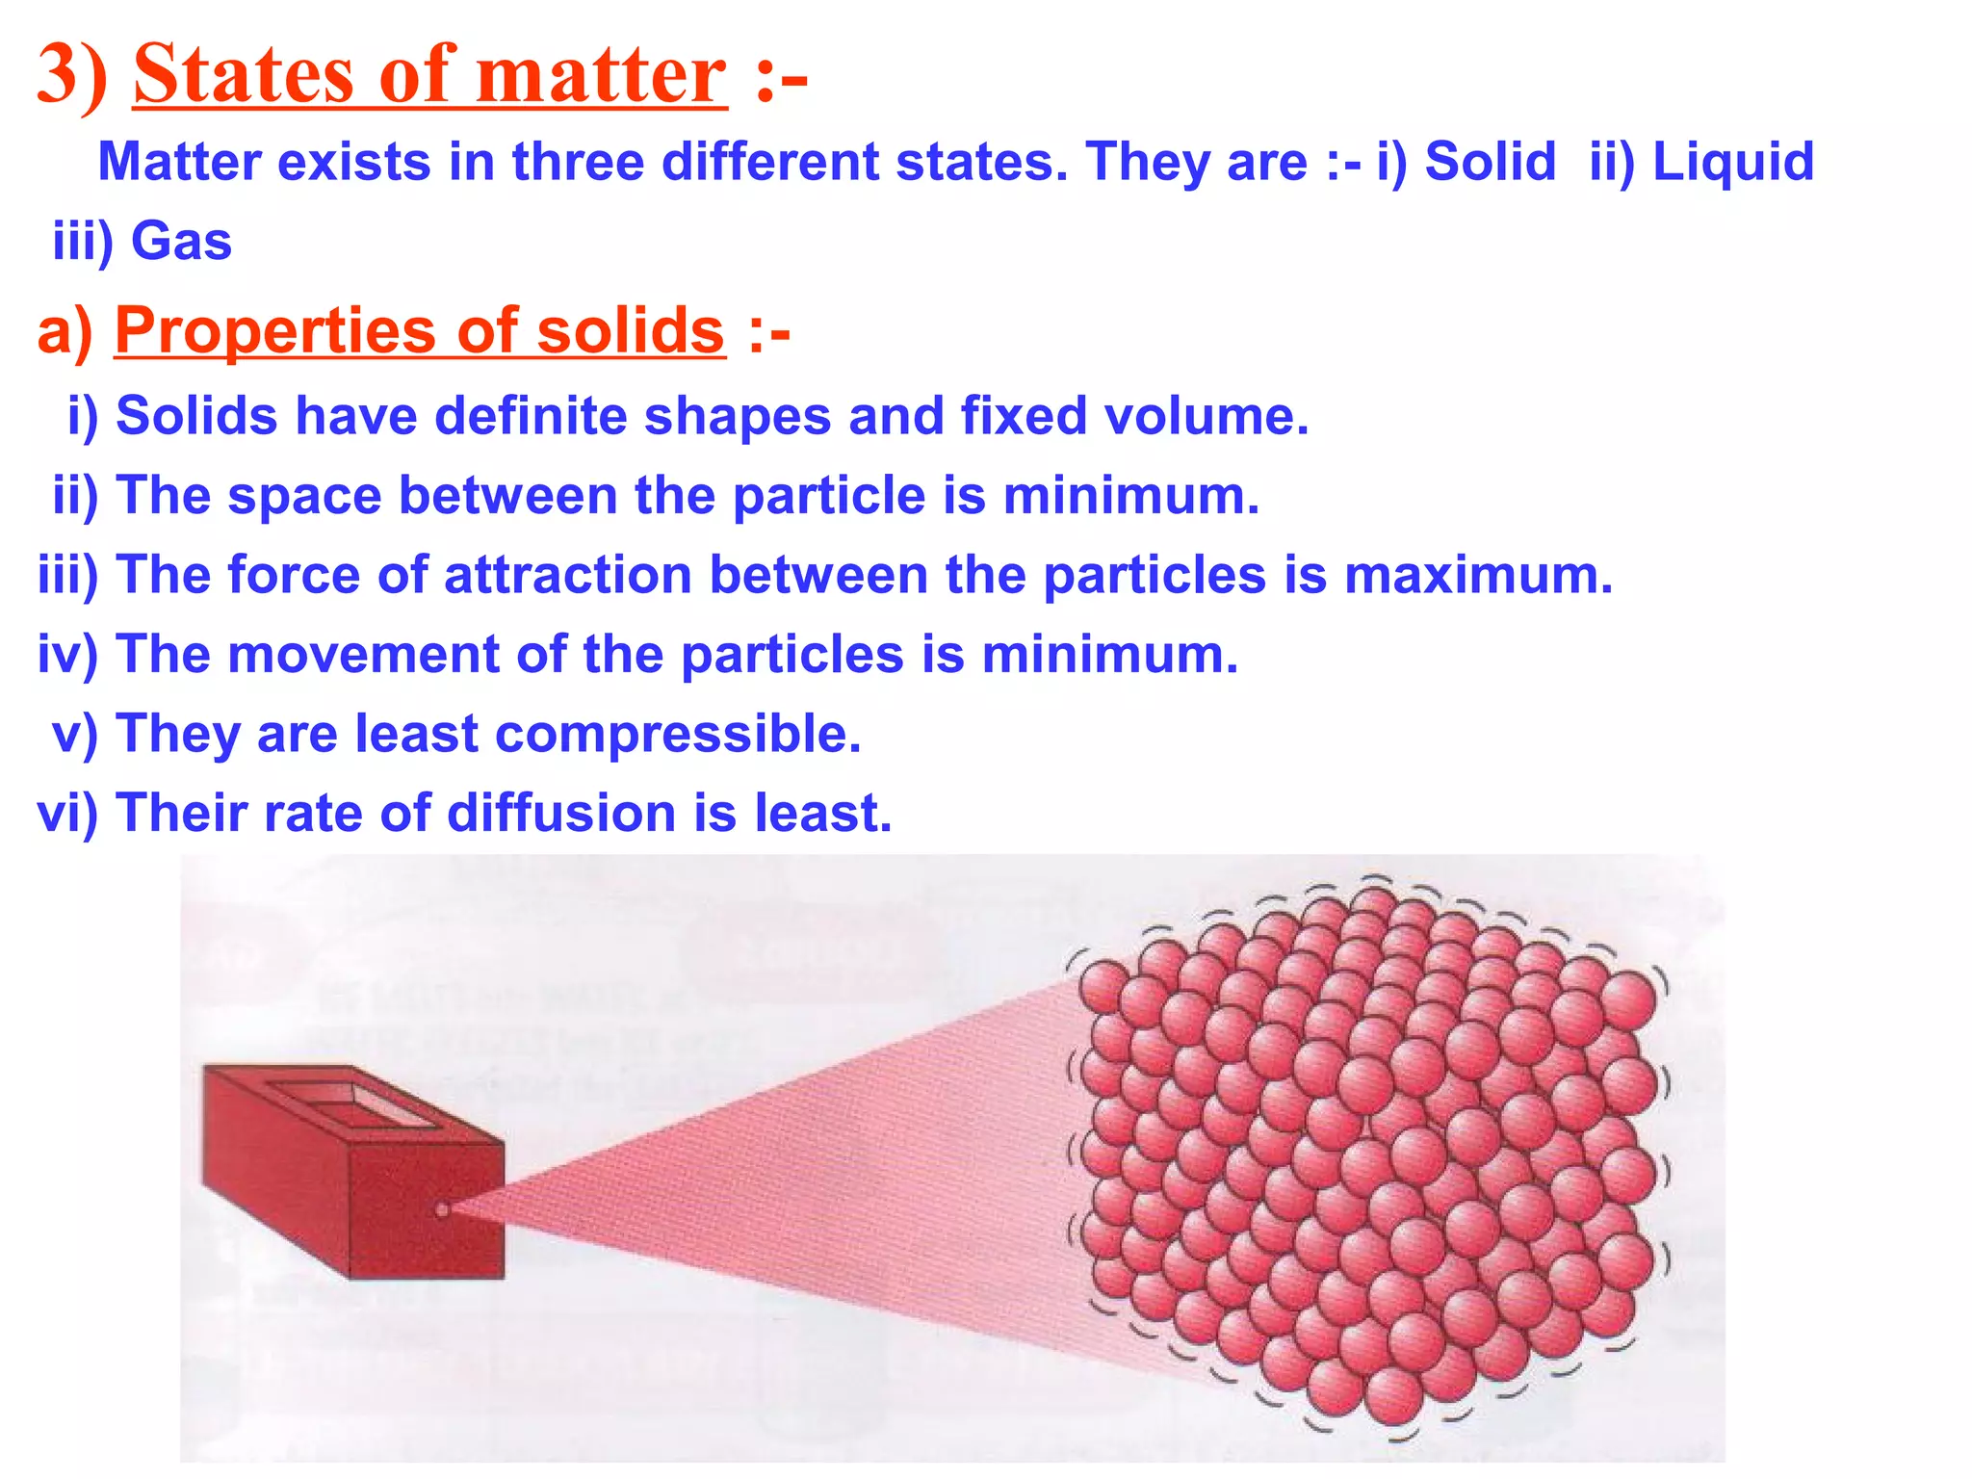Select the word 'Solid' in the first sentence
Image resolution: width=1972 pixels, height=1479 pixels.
tap(1490, 162)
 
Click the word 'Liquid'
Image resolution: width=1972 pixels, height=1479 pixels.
tap(1733, 162)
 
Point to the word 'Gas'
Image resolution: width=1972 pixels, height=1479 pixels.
tap(181, 241)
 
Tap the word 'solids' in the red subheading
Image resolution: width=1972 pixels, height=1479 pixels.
tap(630, 330)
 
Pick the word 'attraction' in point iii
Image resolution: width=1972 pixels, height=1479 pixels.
tap(568, 575)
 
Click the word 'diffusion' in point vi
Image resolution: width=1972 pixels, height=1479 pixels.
tap(561, 814)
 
